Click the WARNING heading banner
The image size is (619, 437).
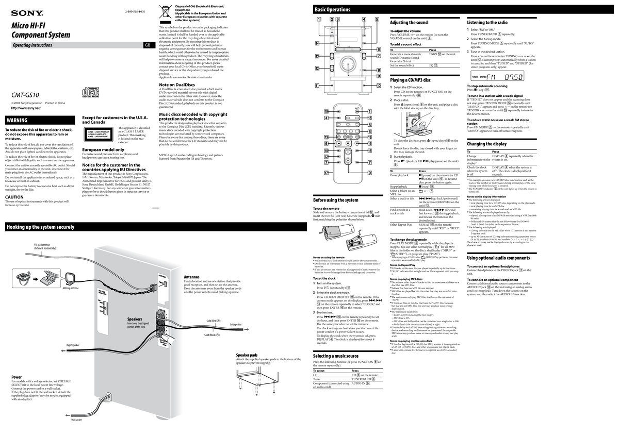coord(17,120)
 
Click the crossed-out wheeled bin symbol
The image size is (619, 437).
coord(166,13)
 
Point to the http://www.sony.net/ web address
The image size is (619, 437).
coord(26,108)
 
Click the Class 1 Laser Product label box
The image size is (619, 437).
coord(99,134)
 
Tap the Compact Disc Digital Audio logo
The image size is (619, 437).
coord(91,93)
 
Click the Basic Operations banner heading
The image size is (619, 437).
coord(332,10)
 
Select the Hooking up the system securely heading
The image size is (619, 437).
coord(40,227)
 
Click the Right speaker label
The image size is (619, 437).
coord(72,345)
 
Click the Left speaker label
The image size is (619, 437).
coord(236,324)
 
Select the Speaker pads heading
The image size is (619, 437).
coord(247,355)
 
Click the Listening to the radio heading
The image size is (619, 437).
coord(487,23)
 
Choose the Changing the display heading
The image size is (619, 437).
coord(486,144)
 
